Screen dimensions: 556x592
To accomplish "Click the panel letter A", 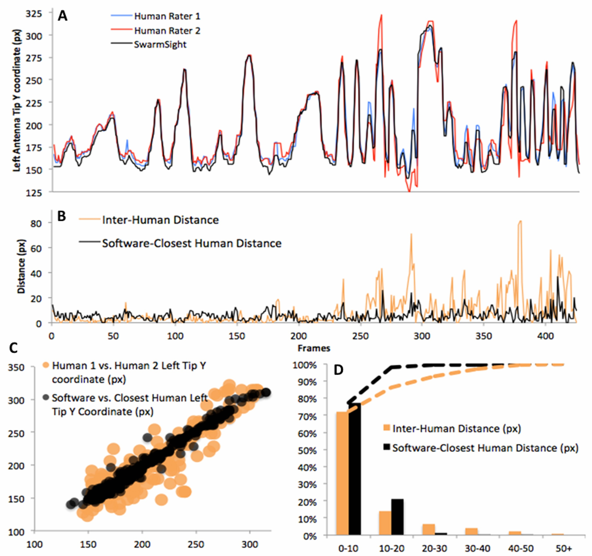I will pos(62,16).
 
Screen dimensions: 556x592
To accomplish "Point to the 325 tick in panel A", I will pos(34,14).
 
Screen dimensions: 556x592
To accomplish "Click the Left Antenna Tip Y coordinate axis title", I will pos(17,100).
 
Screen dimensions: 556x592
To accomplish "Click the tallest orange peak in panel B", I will pos(520,222).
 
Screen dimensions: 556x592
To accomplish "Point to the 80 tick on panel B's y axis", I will pos(36,223).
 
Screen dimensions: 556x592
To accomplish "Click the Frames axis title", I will pos(314,348).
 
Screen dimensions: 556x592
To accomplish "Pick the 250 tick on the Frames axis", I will pos(360,336).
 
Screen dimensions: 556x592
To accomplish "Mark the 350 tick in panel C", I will pos(16,367).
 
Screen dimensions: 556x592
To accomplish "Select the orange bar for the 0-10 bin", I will pos(343,474).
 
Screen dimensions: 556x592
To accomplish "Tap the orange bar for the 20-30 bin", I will pos(428,529).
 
